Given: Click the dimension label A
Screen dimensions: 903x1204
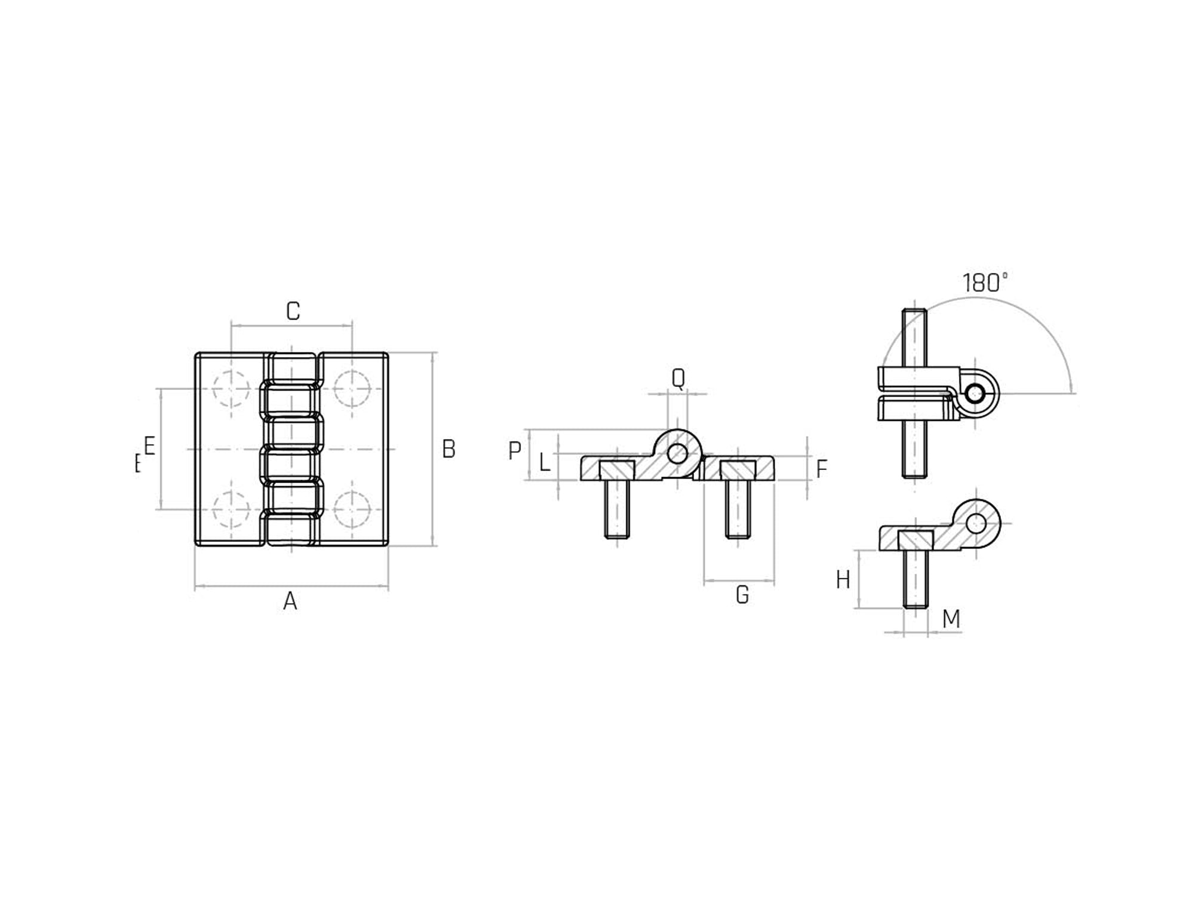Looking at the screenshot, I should pos(290,601).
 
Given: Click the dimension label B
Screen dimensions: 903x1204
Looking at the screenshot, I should pos(449,449).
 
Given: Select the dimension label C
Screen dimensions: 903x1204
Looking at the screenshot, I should pos(293,311).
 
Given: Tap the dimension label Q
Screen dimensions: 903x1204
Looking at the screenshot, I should pos(678,378).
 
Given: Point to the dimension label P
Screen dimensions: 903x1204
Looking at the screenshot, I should pos(514,450).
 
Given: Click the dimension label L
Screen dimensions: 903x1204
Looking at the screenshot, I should pos(544,462).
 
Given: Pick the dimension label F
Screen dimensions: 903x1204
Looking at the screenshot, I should pos(822,469).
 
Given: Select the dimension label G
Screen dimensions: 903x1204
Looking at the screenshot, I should pos(742,595).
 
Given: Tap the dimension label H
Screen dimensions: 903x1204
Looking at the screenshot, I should pos(843,580).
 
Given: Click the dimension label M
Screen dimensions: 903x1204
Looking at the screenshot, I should pos(951,619).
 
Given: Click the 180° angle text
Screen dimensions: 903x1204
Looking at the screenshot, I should pos(985,282).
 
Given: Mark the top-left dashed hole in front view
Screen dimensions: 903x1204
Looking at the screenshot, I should pos(231,389).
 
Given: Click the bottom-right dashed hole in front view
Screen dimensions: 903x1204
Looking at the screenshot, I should pos(352,509).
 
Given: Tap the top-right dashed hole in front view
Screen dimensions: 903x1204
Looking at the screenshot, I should pos(352,389).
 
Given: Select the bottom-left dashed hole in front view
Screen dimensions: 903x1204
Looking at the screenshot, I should pos(231,509).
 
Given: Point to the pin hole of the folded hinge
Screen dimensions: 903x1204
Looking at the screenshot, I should pos(976,394).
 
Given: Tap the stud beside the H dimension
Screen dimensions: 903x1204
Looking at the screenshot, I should pos(916,578).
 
